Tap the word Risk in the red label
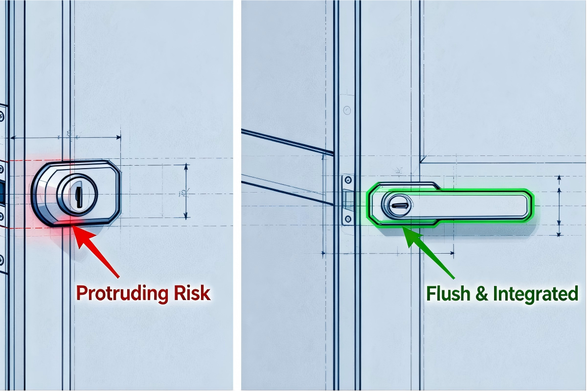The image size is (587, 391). tap(192, 293)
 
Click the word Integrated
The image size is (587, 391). tap(536, 294)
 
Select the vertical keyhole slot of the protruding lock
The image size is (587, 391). tap(78, 194)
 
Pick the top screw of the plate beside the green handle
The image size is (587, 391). tap(348, 180)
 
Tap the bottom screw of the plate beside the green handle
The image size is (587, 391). tap(348, 218)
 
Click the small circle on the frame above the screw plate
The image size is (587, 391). tap(347, 110)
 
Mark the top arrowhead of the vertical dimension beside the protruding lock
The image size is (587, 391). tap(186, 167)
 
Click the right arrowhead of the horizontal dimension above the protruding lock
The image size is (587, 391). tap(118, 137)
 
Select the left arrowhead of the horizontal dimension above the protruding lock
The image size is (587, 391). tap(13, 137)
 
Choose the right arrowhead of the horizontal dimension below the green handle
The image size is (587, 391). tap(452, 253)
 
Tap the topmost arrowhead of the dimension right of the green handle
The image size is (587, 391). tap(559, 178)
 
